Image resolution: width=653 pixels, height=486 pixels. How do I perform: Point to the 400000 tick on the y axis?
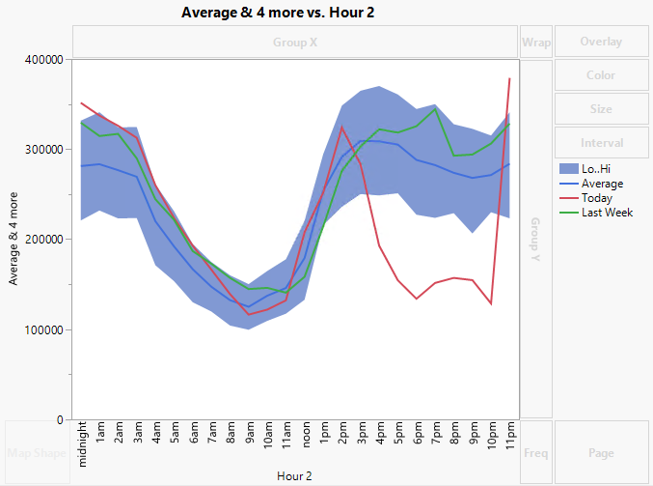(x=41, y=60)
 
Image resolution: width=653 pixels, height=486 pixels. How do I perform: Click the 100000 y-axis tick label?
(x=41, y=330)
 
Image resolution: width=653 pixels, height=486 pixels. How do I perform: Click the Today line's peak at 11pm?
(x=509, y=78)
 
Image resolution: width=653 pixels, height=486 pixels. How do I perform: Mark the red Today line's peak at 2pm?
(x=341, y=127)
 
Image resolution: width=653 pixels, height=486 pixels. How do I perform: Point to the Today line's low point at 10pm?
(x=491, y=303)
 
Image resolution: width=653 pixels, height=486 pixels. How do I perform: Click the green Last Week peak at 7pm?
(x=435, y=109)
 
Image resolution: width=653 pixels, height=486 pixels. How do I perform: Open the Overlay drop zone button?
(x=601, y=43)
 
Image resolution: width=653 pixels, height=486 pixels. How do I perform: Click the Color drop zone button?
(x=601, y=75)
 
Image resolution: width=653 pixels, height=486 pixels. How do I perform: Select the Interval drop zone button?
(x=601, y=143)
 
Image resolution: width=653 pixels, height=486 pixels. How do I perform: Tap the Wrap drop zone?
(x=535, y=43)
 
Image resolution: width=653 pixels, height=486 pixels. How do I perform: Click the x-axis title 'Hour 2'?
(x=295, y=475)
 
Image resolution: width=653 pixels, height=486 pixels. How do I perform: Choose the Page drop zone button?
(x=601, y=451)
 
